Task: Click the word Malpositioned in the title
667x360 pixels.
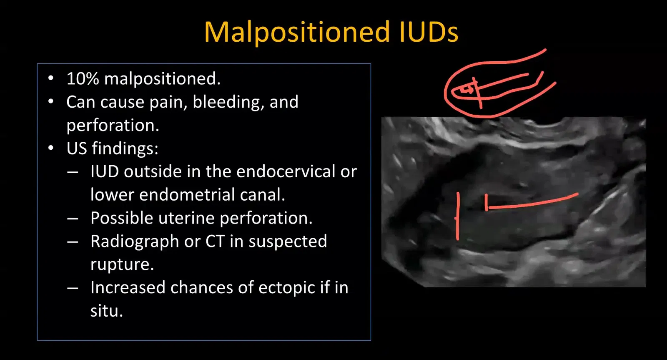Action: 297,32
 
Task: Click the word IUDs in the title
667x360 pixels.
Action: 429,32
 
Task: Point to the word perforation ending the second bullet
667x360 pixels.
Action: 113,126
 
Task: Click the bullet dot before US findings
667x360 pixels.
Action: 51,148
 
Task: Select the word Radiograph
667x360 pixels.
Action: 135,242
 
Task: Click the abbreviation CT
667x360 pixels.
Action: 215,241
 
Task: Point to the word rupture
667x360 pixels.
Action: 122,265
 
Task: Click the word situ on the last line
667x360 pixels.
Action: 107,311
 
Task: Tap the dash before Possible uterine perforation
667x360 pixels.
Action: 73,219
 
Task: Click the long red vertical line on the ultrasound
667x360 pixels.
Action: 458,216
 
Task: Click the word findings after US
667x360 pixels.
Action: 125,149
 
